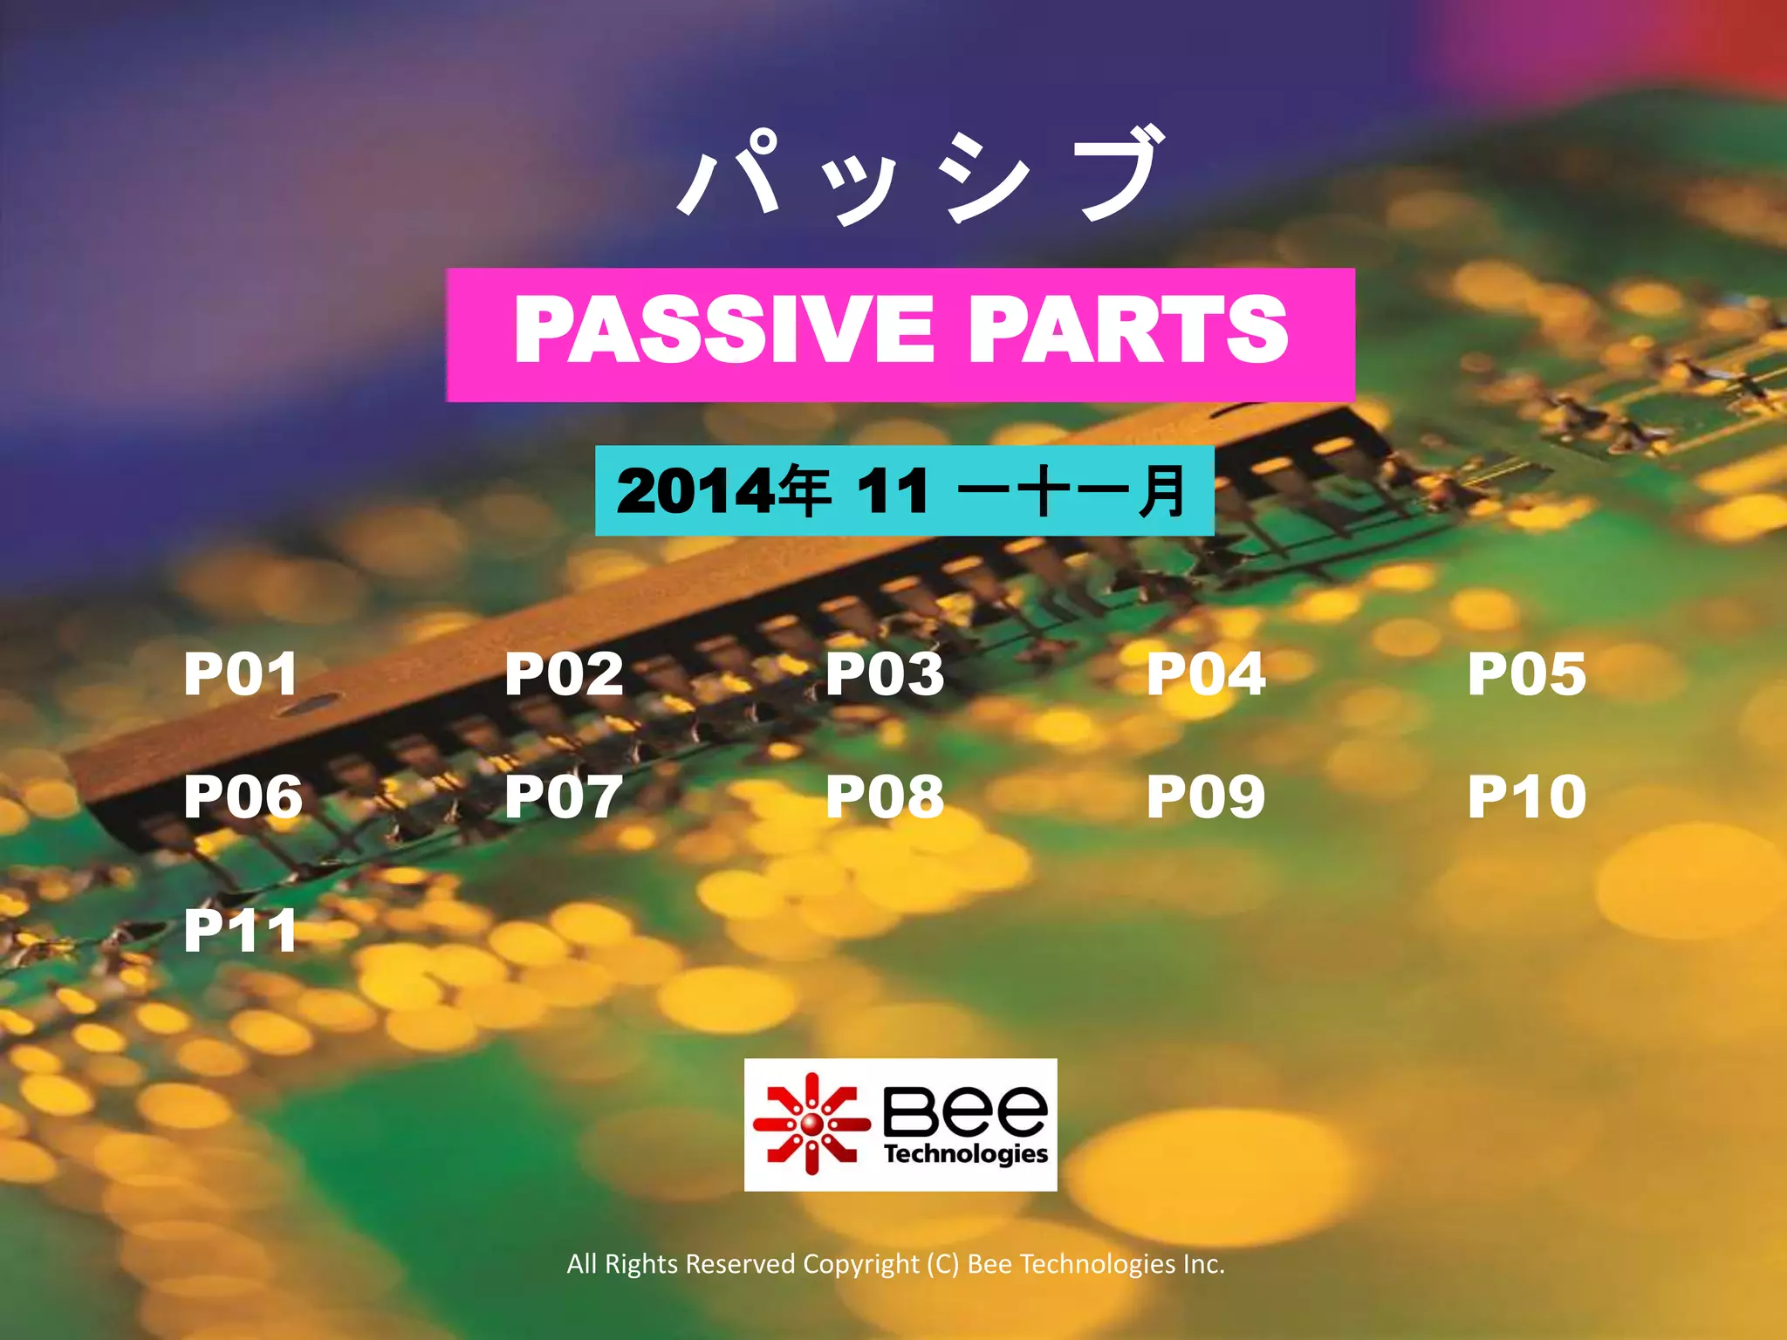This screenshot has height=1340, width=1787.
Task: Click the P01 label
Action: click(241, 673)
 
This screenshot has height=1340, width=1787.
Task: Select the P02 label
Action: click(564, 673)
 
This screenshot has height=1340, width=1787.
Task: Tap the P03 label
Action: click(885, 673)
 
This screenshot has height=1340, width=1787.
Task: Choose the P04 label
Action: click(1206, 673)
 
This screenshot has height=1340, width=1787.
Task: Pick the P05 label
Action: click(1527, 673)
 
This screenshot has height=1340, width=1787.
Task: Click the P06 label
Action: click(243, 796)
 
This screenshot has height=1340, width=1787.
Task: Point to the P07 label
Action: click(564, 796)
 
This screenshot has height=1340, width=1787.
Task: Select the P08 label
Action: click(885, 796)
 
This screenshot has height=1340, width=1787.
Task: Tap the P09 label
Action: click(1206, 796)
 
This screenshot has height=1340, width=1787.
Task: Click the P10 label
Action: click(1527, 796)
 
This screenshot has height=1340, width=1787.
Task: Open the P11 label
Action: click(241, 930)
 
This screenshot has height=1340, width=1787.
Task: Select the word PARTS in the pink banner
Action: click(1127, 329)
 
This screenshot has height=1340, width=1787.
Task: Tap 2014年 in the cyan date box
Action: click(722, 491)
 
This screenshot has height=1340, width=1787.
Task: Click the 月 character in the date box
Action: click(1162, 491)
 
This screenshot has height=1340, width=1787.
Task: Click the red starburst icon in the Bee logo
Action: click(811, 1124)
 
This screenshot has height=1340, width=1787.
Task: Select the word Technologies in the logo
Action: click(965, 1154)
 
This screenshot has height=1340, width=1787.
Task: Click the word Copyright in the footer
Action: click(860, 1264)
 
